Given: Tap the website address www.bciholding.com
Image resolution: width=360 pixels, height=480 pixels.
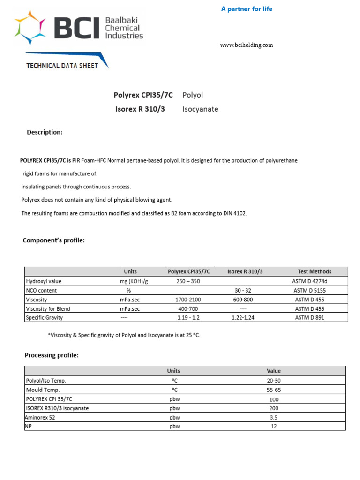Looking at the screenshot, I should click(247, 45).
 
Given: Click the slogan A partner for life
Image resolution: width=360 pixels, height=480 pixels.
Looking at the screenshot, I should click(247, 9).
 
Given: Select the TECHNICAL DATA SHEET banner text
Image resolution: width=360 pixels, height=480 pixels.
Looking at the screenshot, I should click(62, 66).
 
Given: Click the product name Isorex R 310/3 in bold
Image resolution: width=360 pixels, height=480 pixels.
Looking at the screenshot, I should click(140, 109).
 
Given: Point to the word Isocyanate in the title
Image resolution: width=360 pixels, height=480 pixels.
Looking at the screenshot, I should click(200, 109).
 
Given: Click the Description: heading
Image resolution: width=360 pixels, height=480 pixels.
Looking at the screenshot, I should click(45, 132).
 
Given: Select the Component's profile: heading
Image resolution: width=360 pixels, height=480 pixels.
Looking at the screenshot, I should click(54, 240).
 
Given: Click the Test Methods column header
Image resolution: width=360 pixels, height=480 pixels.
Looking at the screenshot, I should click(314, 271).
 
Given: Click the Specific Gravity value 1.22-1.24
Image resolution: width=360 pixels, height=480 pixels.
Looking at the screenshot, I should click(245, 318).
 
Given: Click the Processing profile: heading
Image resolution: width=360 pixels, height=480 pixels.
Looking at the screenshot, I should click(52, 355).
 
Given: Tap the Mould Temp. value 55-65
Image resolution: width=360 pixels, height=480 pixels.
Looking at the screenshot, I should click(274, 390).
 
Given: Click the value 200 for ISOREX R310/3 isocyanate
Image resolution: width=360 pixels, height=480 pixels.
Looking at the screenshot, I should click(274, 408).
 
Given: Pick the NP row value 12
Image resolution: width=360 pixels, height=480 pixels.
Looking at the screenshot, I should click(274, 427).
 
